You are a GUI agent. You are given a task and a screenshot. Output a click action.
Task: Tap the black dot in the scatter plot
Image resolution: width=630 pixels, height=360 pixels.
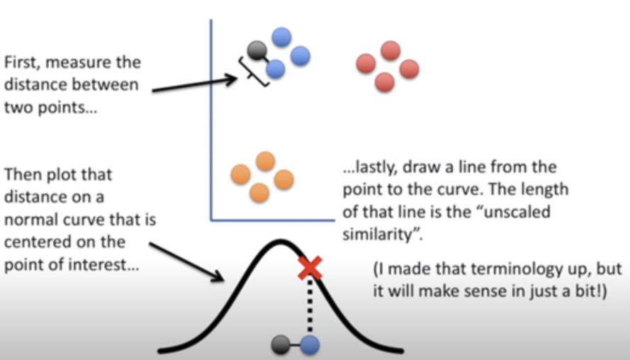pyautogui.click(x=256, y=50)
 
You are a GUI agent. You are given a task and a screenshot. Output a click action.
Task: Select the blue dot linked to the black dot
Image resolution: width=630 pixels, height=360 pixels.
pyautogui.click(x=275, y=69)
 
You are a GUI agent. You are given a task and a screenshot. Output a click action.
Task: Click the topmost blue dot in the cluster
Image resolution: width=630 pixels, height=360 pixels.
pyautogui.click(x=281, y=37)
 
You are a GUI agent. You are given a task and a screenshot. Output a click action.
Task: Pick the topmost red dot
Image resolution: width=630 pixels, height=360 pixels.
pyautogui.click(x=390, y=50)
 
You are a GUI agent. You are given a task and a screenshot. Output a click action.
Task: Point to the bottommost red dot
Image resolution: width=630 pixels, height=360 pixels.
pyautogui.click(x=385, y=82)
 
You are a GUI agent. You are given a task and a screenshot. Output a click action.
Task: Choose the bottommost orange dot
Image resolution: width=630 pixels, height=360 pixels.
pyautogui.click(x=259, y=192)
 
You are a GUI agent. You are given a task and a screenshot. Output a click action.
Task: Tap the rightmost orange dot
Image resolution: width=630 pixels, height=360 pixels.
pyautogui.click(x=283, y=179)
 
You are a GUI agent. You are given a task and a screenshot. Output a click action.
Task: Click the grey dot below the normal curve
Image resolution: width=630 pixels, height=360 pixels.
pyautogui.click(x=281, y=345)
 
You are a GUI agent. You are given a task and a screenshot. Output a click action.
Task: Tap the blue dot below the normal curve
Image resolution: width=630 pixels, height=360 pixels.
pyautogui.click(x=310, y=345)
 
